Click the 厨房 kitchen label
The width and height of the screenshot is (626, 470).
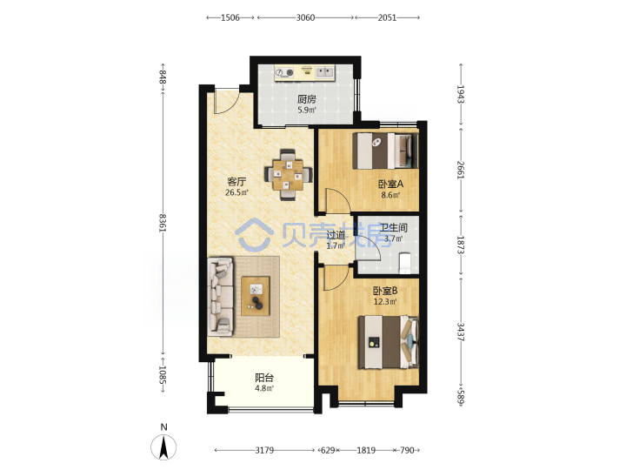pyautogui.click(x=307, y=99)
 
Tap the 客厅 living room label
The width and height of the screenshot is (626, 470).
pyautogui.click(x=236, y=182)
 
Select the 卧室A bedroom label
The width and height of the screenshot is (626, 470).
pyautogui.click(x=391, y=185)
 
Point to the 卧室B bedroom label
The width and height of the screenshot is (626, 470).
pyautogui.click(x=385, y=291)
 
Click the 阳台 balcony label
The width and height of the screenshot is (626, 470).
pyautogui.click(x=264, y=377)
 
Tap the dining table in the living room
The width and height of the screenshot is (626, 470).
pyautogui.click(x=289, y=175)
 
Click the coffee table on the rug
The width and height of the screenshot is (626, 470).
pyautogui.click(x=256, y=296)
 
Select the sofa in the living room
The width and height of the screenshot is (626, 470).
pyautogui.click(x=220, y=296)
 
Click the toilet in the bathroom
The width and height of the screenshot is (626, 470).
pyautogui.click(x=405, y=263)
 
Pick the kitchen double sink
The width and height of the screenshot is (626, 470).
pyautogui.click(x=325, y=72)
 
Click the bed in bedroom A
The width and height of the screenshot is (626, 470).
pyautogui.click(x=385, y=151)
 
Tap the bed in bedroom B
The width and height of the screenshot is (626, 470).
pyautogui.click(x=388, y=342)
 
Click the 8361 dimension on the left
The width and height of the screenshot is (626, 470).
pyautogui.click(x=163, y=223)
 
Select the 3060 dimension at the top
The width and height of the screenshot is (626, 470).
pyautogui.click(x=305, y=17)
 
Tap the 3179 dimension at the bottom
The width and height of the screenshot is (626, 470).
pyautogui.click(x=264, y=451)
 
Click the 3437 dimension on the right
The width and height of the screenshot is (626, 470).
pyautogui.click(x=460, y=332)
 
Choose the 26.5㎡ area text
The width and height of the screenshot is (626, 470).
pyautogui.click(x=236, y=192)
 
